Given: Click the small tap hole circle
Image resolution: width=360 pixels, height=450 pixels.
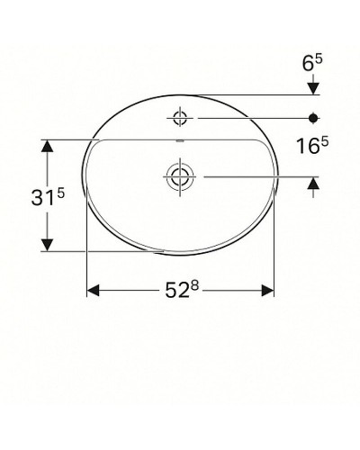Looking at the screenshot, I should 182,117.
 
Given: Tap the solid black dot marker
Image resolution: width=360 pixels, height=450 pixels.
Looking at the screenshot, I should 313,117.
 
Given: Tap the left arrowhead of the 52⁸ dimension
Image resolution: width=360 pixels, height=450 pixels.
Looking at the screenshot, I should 93,291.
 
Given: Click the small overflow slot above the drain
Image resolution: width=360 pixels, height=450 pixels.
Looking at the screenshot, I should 182,142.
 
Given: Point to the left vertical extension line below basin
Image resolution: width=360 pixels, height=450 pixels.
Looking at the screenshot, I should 86,270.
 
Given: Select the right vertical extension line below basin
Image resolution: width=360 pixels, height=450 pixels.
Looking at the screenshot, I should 274,270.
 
